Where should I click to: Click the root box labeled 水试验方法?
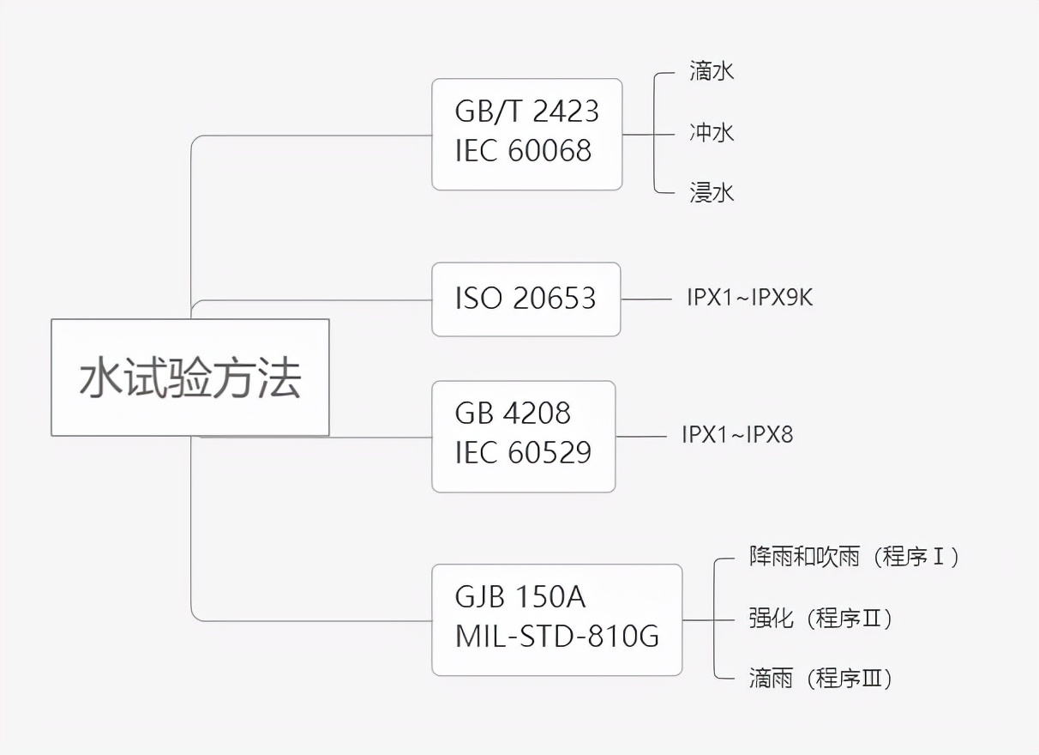tap(189, 377)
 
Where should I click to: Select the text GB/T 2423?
tap(526, 112)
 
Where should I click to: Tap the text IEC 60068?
tap(523, 151)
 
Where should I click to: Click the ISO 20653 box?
tap(526, 299)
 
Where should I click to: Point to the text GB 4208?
tap(513, 414)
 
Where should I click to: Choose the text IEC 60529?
tap(523, 453)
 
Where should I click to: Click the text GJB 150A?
tap(520, 597)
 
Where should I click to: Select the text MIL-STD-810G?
tap(557, 637)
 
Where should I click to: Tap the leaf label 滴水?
tap(712, 71)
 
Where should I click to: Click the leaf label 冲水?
tap(712, 133)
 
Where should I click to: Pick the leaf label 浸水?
tap(712, 193)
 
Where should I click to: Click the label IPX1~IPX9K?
tap(749, 299)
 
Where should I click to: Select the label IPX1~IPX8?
tap(737, 435)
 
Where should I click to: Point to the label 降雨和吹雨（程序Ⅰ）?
tap(854, 557)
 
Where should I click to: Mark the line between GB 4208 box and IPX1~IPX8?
tap(640, 437)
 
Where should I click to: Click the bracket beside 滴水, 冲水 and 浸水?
tap(655, 134)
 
